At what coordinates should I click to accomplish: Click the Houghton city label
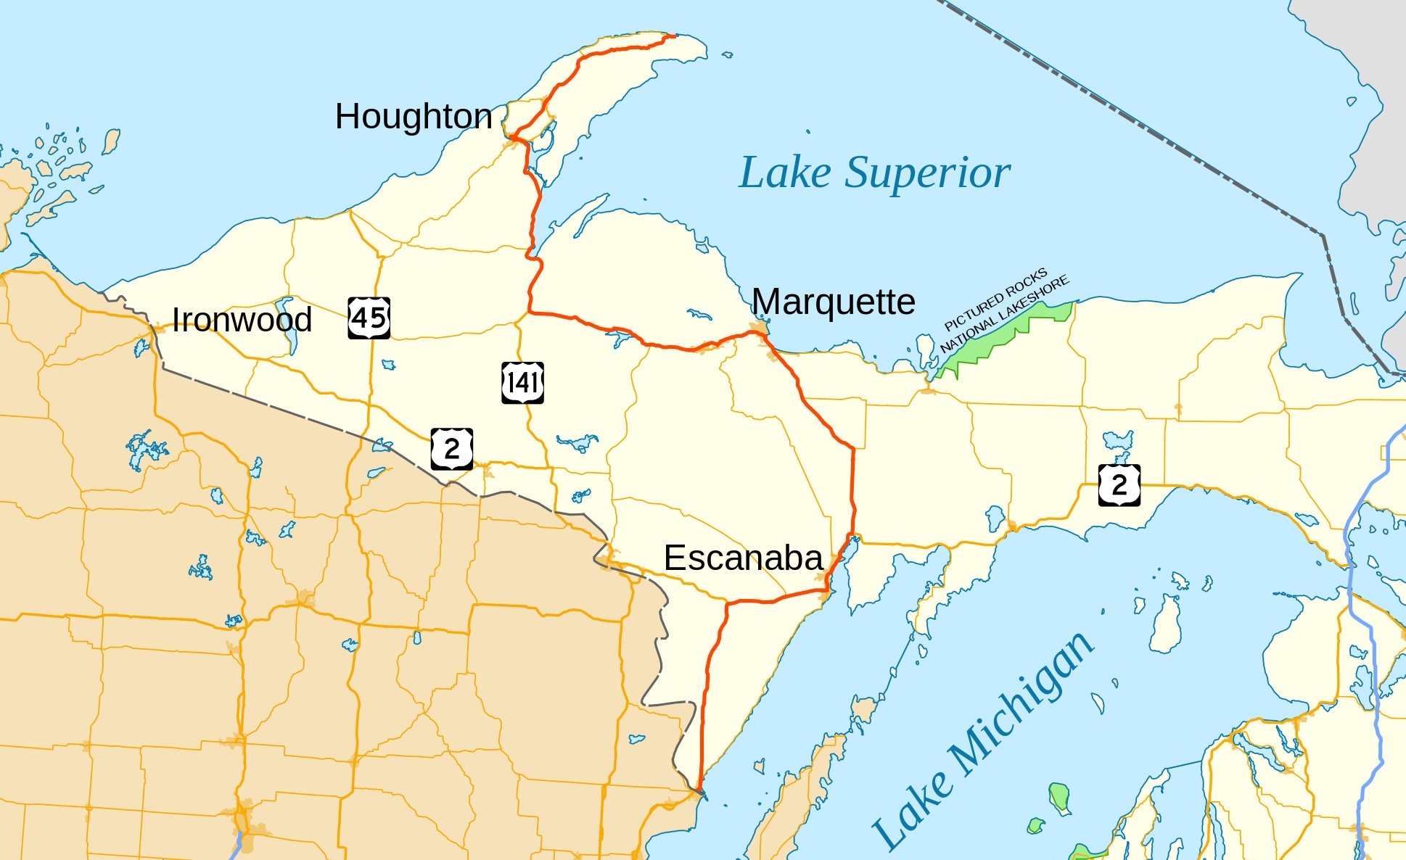(x=414, y=117)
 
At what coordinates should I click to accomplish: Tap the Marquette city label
(x=833, y=302)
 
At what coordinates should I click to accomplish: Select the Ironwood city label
(x=242, y=320)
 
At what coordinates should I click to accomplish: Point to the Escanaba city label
(x=743, y=558)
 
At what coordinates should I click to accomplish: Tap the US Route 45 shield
(x=369, y=318)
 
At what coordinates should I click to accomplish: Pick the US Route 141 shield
(x=522, y=383)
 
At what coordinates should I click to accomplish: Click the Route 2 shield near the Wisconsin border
(x=452, y=449)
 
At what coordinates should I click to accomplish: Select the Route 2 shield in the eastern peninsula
(x=1119, y=485)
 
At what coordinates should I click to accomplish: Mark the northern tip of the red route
(x=674, y=36)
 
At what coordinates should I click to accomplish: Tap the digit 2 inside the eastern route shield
(x=1119, y=485)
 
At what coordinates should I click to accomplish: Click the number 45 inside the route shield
(x=369, y=318)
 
